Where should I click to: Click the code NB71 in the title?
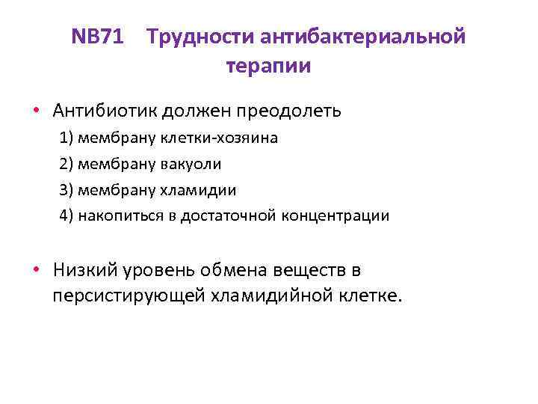(x=98, y=37)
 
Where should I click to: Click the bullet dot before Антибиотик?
(x=37, y=111)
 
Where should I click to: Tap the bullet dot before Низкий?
(x=37, y=269)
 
